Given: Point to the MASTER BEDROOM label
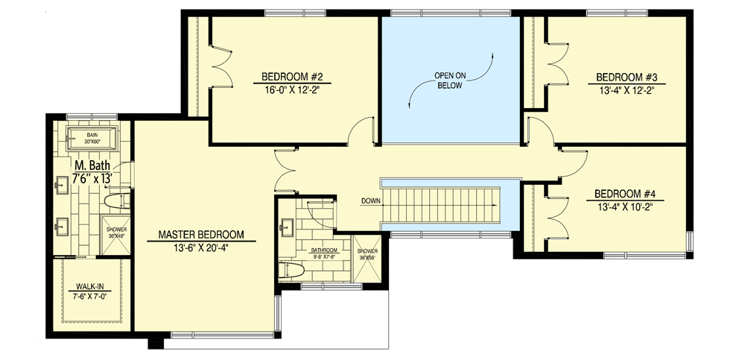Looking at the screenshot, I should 201,236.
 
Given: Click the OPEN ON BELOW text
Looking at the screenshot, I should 450,80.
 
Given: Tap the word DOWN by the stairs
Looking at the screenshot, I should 371,201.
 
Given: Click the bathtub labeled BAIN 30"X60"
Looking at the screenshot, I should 91,137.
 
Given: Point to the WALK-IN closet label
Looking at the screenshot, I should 89,286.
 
